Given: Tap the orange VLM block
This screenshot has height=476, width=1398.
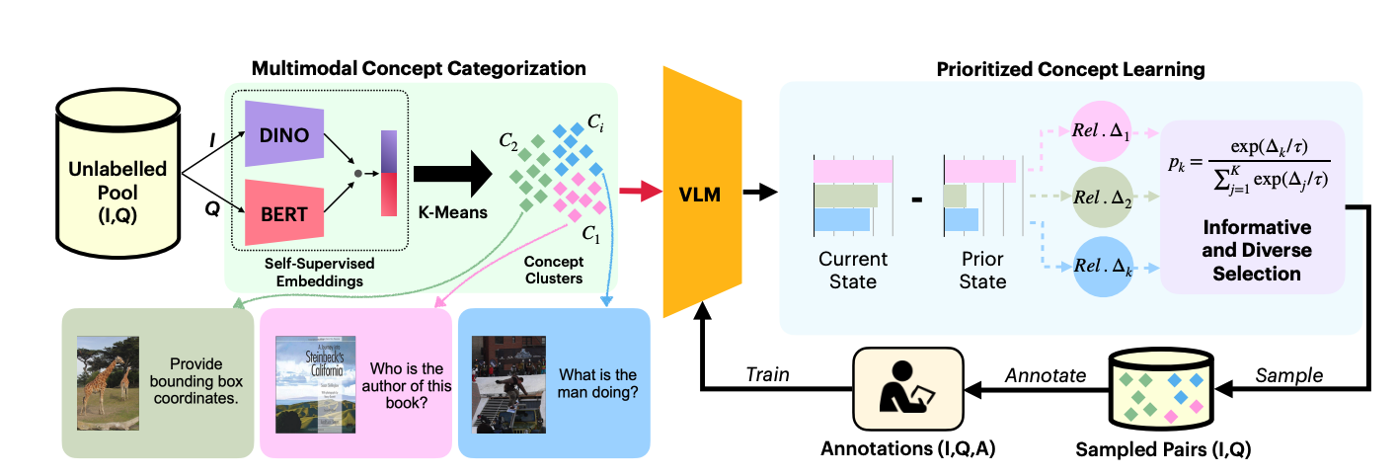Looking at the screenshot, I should [702, 194].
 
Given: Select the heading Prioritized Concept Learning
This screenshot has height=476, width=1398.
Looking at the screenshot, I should [1070, 69].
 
